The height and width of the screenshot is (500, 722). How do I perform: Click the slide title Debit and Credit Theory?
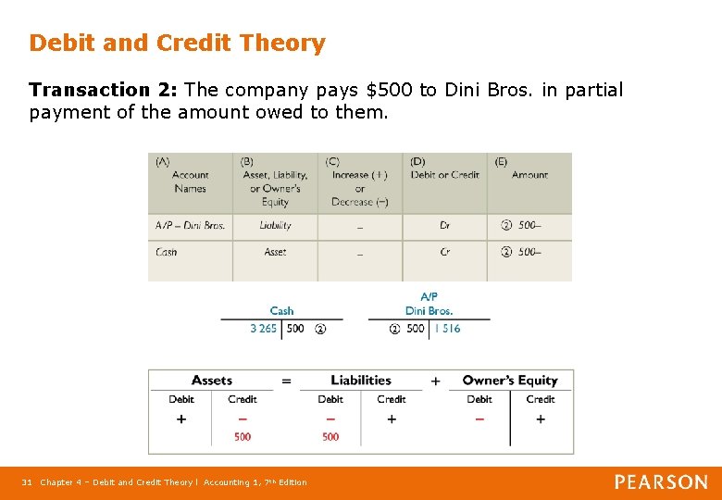(x=177, y=44)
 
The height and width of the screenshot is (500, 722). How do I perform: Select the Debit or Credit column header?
(x=444, y=175)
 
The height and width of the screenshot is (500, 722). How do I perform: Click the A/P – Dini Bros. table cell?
(x=190, y=225)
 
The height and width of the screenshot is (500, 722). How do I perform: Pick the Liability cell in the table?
(x=275, y=225)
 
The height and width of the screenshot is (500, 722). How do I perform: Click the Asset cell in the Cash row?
(x=275, y=252)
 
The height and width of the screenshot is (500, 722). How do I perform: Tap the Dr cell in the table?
(x=445, y=225)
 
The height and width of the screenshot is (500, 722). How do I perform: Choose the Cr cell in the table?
(x=445, y=252)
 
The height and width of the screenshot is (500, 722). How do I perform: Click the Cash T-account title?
(x=281, y=311)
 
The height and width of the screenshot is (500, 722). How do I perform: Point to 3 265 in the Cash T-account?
(x=264, y=329)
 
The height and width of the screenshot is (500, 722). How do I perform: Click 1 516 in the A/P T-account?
(x=447, y=329)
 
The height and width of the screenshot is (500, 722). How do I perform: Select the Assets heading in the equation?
(x=212, y=381)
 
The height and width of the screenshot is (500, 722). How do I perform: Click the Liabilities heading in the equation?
(x=361, y=381)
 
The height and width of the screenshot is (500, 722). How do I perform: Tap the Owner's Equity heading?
(x=510, y=381)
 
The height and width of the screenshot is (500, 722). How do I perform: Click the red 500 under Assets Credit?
(x=243, y=436)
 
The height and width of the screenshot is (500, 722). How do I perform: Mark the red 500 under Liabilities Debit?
(x=330, y=436)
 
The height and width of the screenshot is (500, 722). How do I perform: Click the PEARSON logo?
(x=661, y=481)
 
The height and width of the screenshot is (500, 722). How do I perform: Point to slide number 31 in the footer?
(x=28, y=482)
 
